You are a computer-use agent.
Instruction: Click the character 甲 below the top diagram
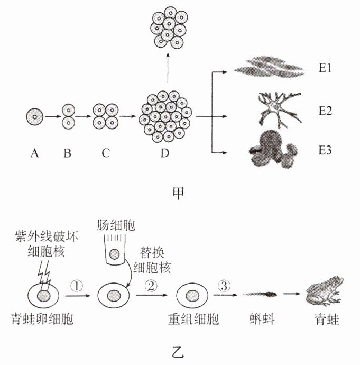click(x=179, y=193)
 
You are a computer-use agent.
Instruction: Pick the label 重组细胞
click(x=190, y=321)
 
